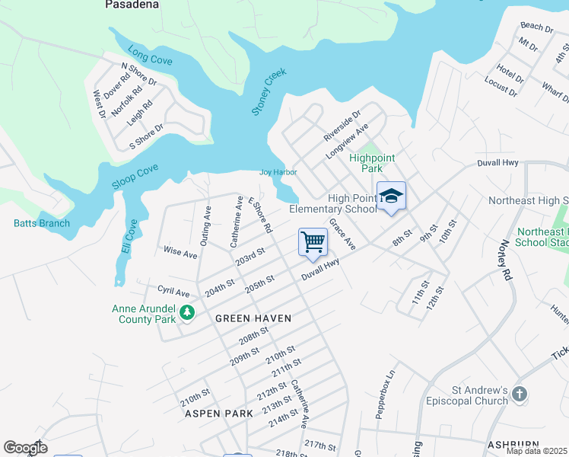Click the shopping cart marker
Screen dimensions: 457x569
click(x=313, y=242)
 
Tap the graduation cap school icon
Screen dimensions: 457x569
click(x=391, y=196)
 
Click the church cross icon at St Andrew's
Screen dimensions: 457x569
click(x=520, y=395)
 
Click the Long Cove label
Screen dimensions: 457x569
click(x=151, y=56)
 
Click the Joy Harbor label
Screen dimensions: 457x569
click(x=278, y=172)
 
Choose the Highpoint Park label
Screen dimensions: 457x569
click(x=372, y=163)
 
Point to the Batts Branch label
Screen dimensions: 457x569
click(x=42, y=223)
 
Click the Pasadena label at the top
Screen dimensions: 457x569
click(x=132, y=5)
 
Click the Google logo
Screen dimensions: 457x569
click(x=25, y=448)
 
